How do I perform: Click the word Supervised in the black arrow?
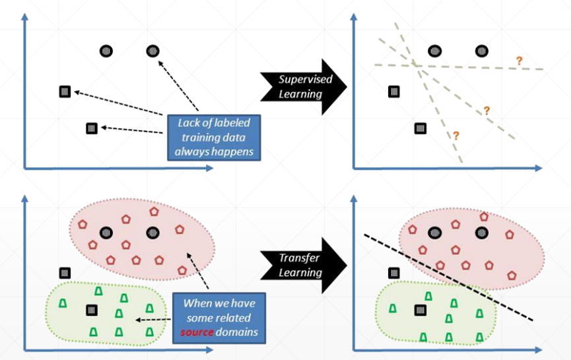304,79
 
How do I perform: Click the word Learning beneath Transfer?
300,271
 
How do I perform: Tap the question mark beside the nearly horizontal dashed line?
520,61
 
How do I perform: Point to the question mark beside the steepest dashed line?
455,135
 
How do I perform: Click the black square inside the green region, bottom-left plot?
91,309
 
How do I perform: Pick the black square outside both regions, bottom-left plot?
65,272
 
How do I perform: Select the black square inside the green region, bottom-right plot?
420,309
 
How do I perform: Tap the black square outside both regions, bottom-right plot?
394,272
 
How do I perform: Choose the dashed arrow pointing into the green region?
152,319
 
